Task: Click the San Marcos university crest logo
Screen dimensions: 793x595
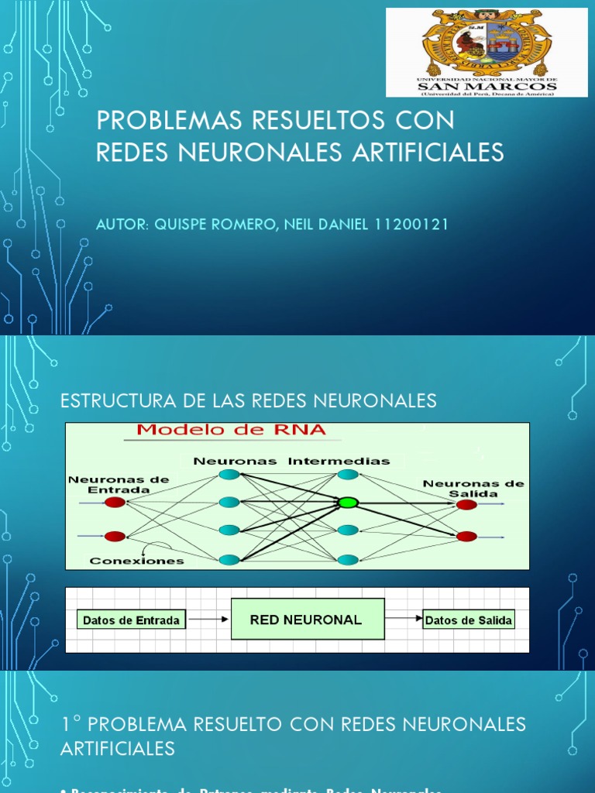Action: click(x=486, y=43)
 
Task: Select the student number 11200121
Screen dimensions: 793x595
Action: click(x=411, y=224)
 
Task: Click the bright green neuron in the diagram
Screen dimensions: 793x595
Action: click(x=347, y=503)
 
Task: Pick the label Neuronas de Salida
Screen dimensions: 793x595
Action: click(x=473, y=488)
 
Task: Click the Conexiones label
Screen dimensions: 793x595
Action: click(x=136, y=560)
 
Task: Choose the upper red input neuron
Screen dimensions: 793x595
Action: click(x=115, y=503)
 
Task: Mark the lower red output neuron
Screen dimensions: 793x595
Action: click(x=466, y=536)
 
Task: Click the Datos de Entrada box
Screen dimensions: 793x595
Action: click(x=131, y=620)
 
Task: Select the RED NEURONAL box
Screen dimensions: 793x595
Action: click(x=308, y=619)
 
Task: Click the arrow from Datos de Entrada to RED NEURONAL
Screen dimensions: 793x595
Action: click(x=208, y=620)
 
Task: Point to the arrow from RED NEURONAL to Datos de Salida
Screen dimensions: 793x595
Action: click(x=404, y=619)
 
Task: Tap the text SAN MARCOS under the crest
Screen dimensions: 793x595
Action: click(x=487, y=86)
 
